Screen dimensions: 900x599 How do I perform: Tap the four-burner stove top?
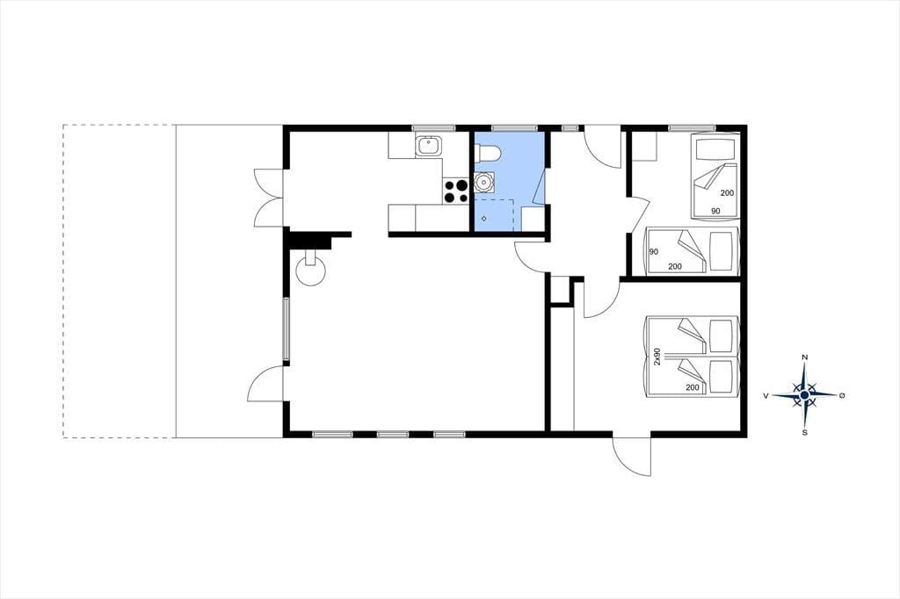[456, 191]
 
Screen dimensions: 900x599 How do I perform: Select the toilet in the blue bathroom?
[488, 153]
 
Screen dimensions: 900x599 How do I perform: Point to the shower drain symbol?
[484, 218]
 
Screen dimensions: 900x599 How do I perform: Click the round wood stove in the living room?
[310, 269]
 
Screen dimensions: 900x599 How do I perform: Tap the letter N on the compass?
[805, 358]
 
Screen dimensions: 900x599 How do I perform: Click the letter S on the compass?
[805, 432]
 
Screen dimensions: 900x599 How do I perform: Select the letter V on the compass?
[766, 395]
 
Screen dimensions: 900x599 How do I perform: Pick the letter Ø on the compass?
[842, 395]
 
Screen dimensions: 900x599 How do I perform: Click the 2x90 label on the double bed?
[657, 357]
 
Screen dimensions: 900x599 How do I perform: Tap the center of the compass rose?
[805, 394]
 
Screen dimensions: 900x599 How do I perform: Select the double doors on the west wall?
[270, 198]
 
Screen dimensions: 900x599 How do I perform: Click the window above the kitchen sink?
[433, 128]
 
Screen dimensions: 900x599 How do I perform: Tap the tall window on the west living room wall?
[286, 329]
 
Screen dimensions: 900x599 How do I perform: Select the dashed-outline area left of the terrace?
[119, 281]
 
